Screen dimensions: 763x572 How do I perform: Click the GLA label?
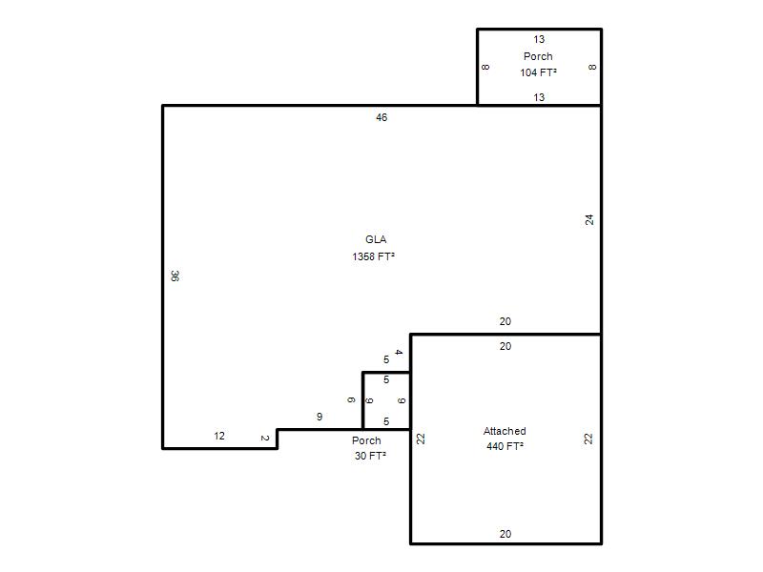tap(376, 239)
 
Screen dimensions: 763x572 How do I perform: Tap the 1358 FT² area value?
tap(373, 256)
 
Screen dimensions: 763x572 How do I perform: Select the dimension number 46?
tap(381, 117)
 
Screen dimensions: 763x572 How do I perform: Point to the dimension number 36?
tap(175, 276)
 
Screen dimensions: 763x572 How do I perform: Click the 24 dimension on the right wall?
tap(589, 220)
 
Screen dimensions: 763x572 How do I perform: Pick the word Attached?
tap(505, 431)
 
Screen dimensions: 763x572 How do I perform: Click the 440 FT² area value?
tap(505, 446)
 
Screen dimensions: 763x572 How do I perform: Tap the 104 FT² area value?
tap(538, 72)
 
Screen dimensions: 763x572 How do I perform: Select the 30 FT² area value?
tap(370, 456)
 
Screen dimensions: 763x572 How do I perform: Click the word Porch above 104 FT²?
tap(538, 56)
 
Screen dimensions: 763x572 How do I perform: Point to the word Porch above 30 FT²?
tap(366, 440)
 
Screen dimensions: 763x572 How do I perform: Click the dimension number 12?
tap(219, 436)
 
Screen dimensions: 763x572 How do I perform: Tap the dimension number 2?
tap(265, 439)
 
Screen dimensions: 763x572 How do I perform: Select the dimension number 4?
tap(399, 352)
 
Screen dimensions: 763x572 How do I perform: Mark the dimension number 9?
tap(320, 417)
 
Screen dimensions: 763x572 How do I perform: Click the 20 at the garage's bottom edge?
tap(505, 534)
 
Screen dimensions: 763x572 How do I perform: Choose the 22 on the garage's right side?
tap(588, 439)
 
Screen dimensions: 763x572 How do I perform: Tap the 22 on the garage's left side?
tap(421, 439)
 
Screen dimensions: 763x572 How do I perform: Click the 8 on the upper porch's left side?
tap(485, 67)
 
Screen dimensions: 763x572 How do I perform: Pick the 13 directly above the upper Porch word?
tap(539, 39)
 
